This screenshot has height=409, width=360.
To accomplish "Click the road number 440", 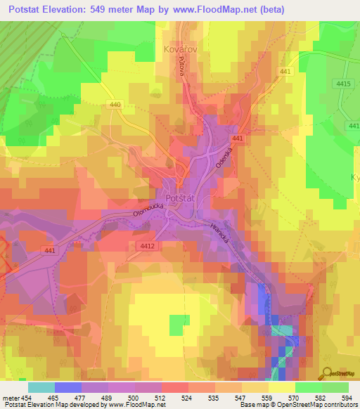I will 115,105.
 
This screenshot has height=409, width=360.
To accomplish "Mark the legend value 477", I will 81,396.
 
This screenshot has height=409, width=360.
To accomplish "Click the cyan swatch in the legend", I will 41,387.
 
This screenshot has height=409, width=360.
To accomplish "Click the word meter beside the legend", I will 11,396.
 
